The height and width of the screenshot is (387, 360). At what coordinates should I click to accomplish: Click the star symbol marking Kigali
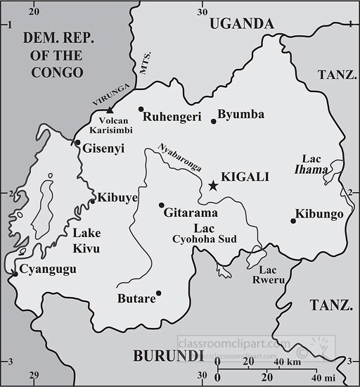[213, 185]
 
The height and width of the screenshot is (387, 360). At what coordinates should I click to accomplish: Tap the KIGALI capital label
[245, 177]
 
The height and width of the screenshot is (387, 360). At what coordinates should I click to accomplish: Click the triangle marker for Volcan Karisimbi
[110, 110]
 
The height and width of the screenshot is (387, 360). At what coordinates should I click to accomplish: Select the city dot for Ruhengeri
[141, 109]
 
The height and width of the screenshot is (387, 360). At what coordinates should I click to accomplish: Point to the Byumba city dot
[214, 122]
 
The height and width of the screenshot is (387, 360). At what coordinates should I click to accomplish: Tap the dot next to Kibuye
[92, 201]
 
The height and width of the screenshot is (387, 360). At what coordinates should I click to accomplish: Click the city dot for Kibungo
[293, 221]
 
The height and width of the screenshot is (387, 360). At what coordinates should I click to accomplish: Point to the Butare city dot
[158, 293]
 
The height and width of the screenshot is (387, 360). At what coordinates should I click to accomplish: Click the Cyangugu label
[48, 269]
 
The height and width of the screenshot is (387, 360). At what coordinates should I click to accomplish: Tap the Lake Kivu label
[86, 241]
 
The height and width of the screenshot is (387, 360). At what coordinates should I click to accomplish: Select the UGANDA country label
[241, 24]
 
